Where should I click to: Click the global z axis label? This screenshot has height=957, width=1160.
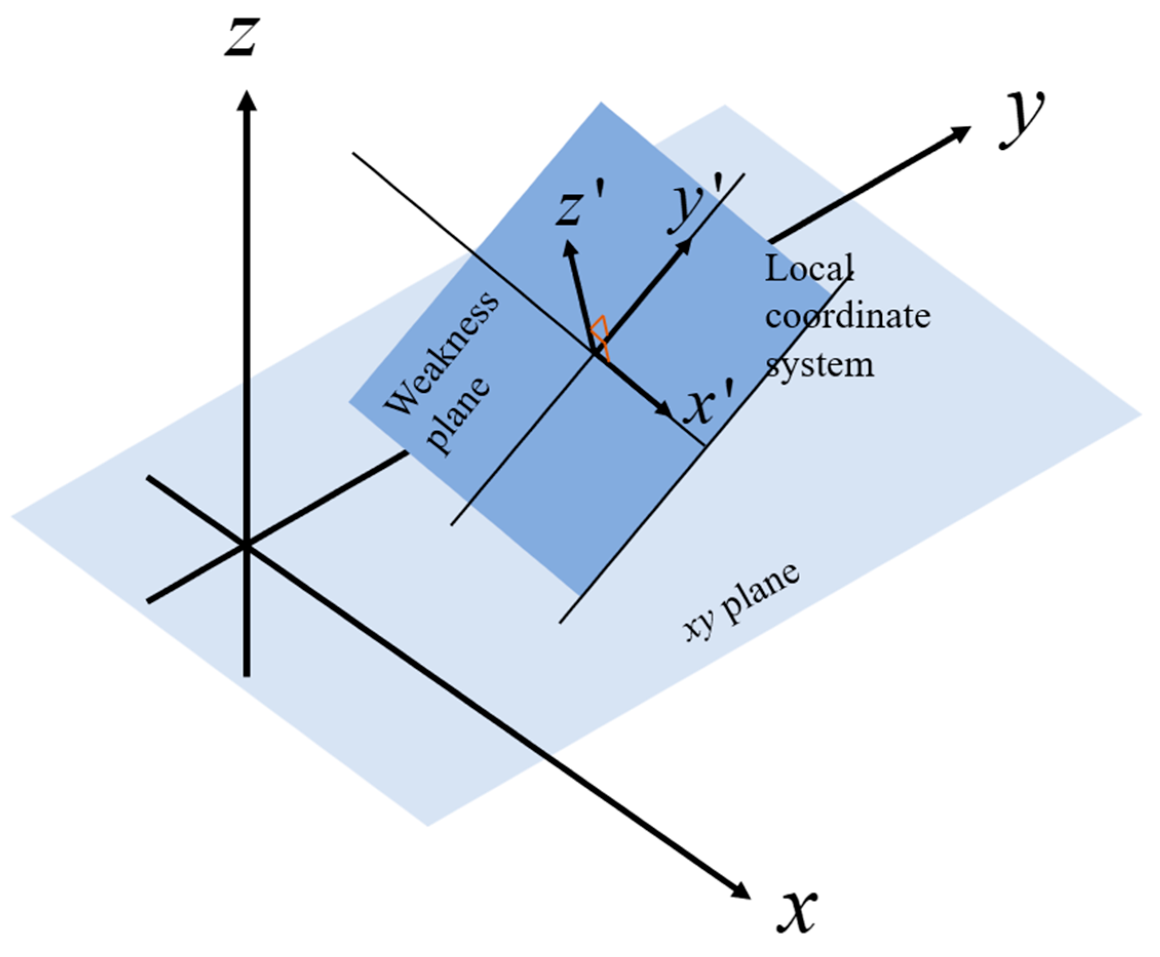tap(242, 37)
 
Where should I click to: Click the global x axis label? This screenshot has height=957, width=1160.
tap(796, 911)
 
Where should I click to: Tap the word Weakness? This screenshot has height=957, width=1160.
tap(441, 353)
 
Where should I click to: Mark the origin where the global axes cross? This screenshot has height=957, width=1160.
tap(246, 545)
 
